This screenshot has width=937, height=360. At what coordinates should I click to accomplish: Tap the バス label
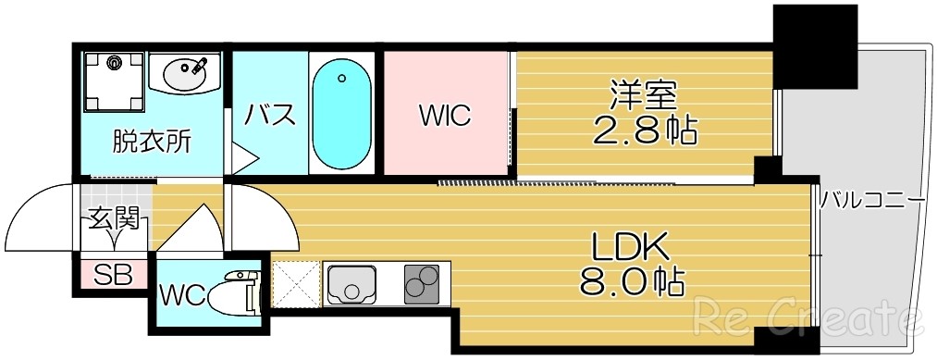pos(270,116)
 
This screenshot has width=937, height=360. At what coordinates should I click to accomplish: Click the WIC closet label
pos(445,117)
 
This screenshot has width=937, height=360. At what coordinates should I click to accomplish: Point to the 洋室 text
pos(643,95)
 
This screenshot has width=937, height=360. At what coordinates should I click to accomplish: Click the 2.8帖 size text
pos(645,130)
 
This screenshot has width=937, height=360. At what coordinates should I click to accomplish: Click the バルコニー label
pos(873,198)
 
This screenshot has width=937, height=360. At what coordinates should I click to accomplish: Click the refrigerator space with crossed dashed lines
pos(295,283)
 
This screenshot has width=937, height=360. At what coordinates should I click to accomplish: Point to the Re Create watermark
pos(810,318)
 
